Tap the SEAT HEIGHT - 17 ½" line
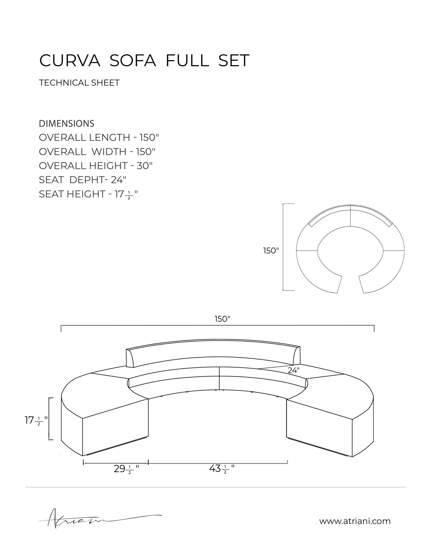(88, 194)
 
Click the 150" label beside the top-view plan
(271, 251)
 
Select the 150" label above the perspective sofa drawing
(222, 319)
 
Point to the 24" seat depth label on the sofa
(293, 370)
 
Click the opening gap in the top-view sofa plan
(350, 284)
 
